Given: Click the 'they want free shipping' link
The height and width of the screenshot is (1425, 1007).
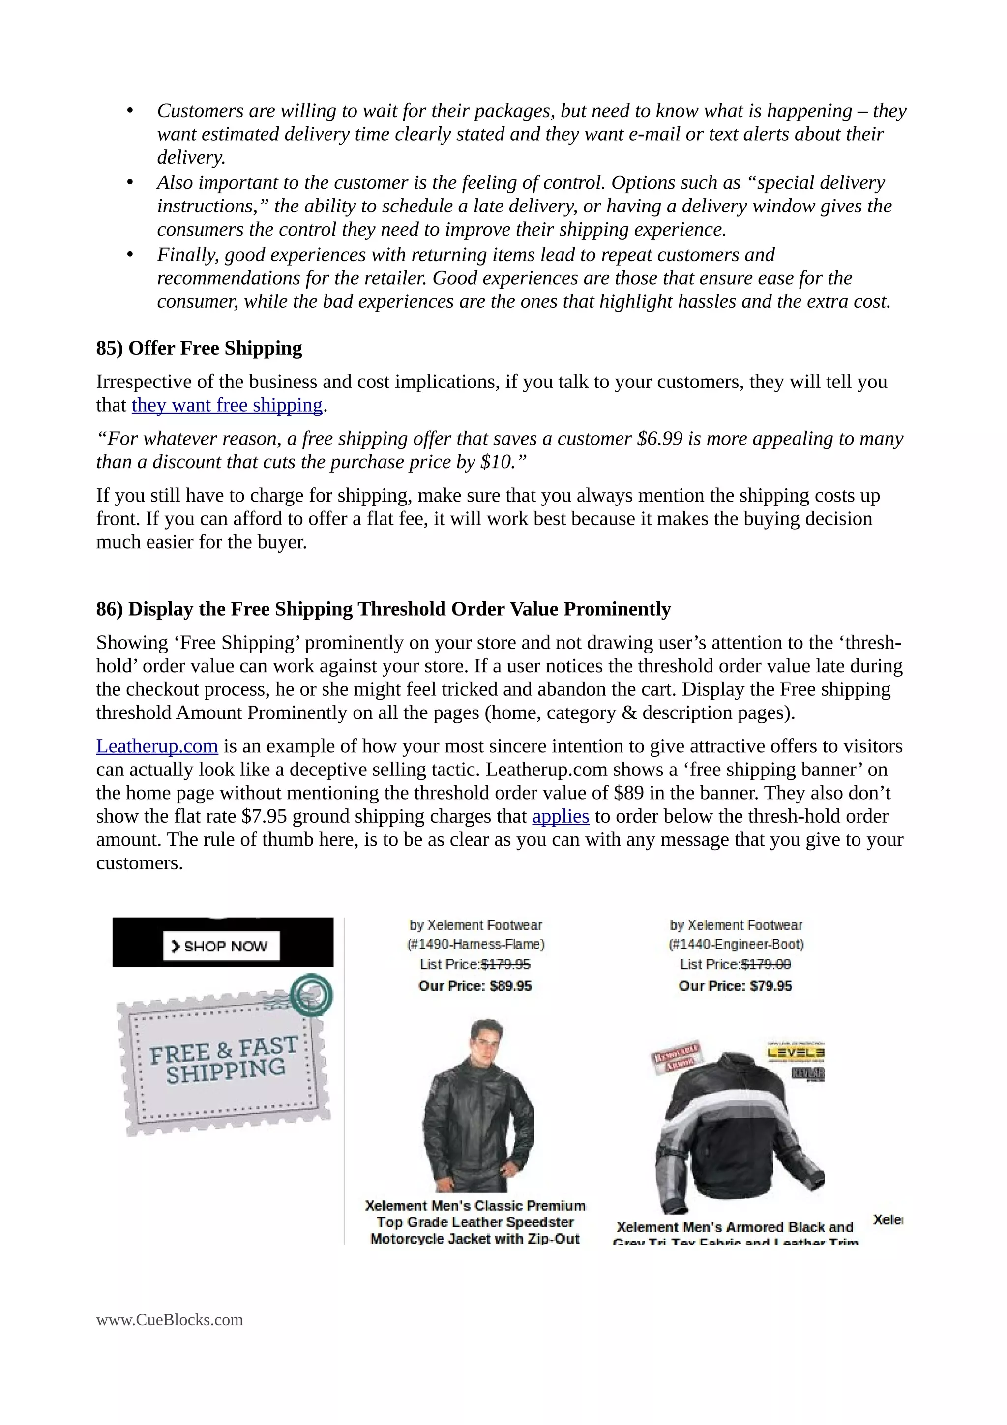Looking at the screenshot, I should point(227,405).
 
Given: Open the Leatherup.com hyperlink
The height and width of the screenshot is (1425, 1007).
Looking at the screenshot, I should point(156,746).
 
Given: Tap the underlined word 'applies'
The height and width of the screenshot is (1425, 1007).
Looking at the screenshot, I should point(560,816).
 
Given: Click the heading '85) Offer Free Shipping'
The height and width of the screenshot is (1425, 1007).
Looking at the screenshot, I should point(199,348).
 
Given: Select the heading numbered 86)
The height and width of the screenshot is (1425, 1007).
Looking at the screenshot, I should point(383,609).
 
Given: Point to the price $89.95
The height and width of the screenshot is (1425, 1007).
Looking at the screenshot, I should point(510,986).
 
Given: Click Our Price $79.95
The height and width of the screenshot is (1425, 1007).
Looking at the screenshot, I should point(735,986).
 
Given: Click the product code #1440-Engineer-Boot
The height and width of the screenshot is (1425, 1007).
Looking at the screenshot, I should point(736,945).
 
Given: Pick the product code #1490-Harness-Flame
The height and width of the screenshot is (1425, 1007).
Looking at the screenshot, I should point(475,945).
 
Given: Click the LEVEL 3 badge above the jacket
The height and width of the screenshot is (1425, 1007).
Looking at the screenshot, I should point(796,1053).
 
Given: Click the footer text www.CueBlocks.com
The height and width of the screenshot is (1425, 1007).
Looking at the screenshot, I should point(169,1320).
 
